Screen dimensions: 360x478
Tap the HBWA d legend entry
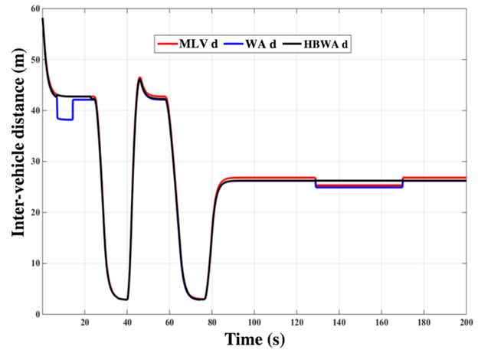pyautogui.click(x=333, y=44)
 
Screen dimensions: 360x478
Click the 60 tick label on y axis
pyautogui.click(x=34, y=9)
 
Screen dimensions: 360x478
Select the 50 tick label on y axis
pyautogui.click(x=34, y=60)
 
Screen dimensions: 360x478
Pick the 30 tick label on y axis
pyautogui.click(x=34, y=162)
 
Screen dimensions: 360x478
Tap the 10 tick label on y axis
pyautogui.click(x=34, y=263)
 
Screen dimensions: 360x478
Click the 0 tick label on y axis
pyautogui.click(x=36, y=314)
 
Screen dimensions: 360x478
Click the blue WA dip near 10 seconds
pyautogui.click(x=64, y=119)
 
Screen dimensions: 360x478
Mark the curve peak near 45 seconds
pyautogui.click(x=139, y=78)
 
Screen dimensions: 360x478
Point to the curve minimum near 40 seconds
pyautogui.click(x=125, y=299)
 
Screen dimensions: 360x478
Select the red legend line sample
pyautogui.click(x=166, y=44)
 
